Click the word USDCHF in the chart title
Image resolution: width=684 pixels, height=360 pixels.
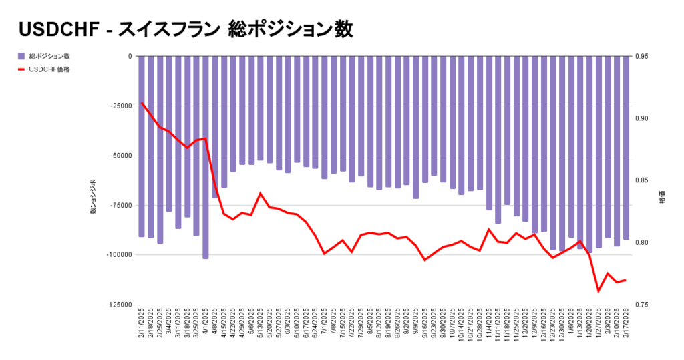coord(57,29)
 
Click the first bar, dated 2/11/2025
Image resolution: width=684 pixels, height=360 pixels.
coord(142,146)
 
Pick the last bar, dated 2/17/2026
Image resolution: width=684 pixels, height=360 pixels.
coord(626,148)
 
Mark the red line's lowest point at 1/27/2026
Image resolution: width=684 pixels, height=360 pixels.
coord(598,291)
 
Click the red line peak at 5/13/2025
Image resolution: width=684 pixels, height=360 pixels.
coord(261,194)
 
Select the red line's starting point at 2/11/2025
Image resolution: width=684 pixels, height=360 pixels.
coord(142,103)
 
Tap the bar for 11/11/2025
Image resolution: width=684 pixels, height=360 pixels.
coord(498,140)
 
